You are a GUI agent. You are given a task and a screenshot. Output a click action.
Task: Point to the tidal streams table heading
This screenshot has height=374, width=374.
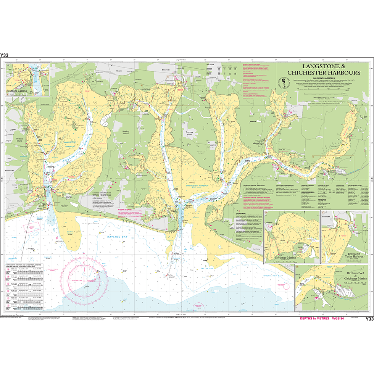[23, 264]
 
